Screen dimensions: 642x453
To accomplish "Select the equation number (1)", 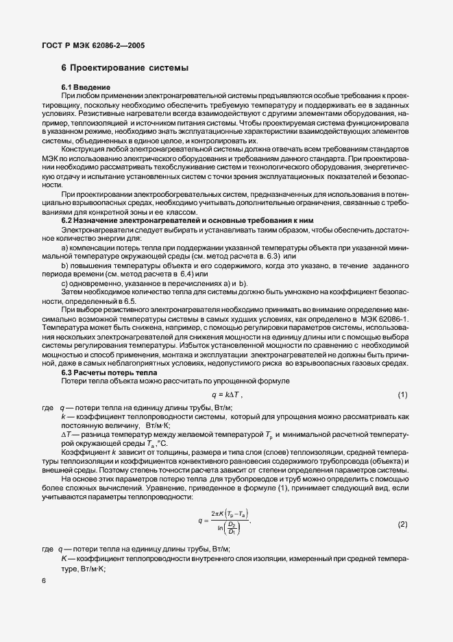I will coord(403,396).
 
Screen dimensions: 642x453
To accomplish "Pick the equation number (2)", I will coord(403,523).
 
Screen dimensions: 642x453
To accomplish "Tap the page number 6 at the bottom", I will coord(44,580).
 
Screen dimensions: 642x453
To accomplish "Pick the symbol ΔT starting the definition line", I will coord(66,434).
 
